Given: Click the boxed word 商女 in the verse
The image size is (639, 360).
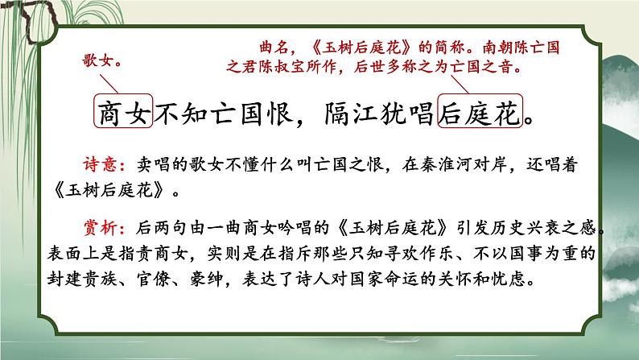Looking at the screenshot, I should pos(123,115).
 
